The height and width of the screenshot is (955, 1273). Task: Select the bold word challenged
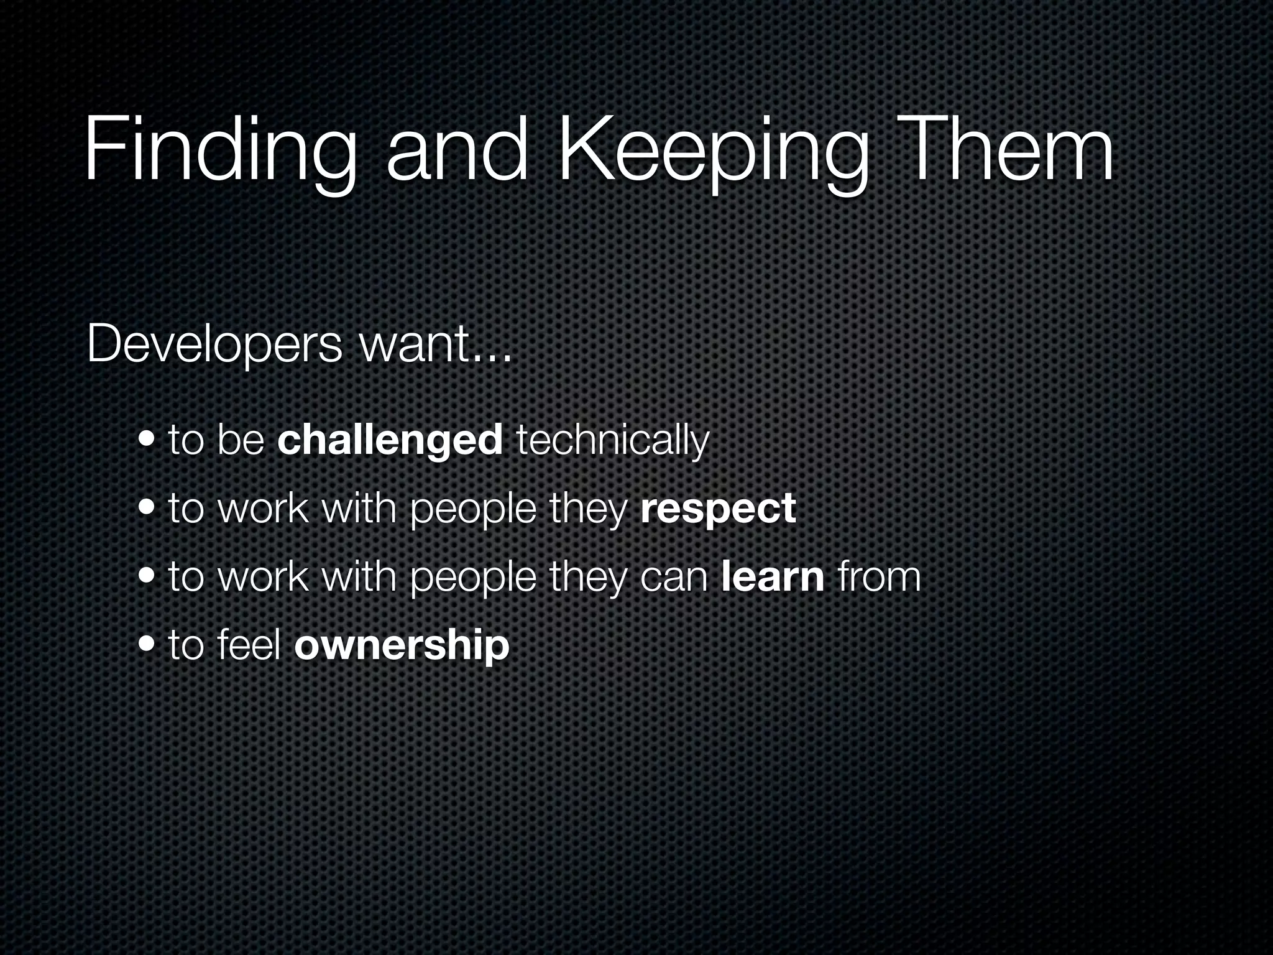[x=390, y=440]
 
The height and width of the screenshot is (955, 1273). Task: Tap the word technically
[x=612, y=440]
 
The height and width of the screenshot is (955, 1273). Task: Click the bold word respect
[x=718, y=509]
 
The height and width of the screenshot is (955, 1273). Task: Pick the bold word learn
[x=773, y=576]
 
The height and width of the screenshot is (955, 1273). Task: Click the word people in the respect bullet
[x=473, y=509]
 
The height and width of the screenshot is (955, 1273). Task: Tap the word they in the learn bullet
[x=586, y=576]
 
